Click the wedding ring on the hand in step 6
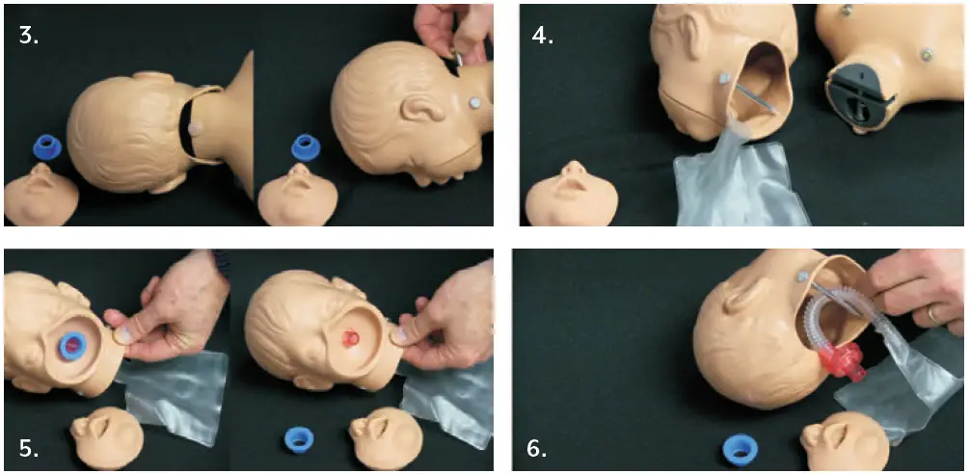pos(934,313)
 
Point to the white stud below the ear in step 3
pos(475,101)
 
